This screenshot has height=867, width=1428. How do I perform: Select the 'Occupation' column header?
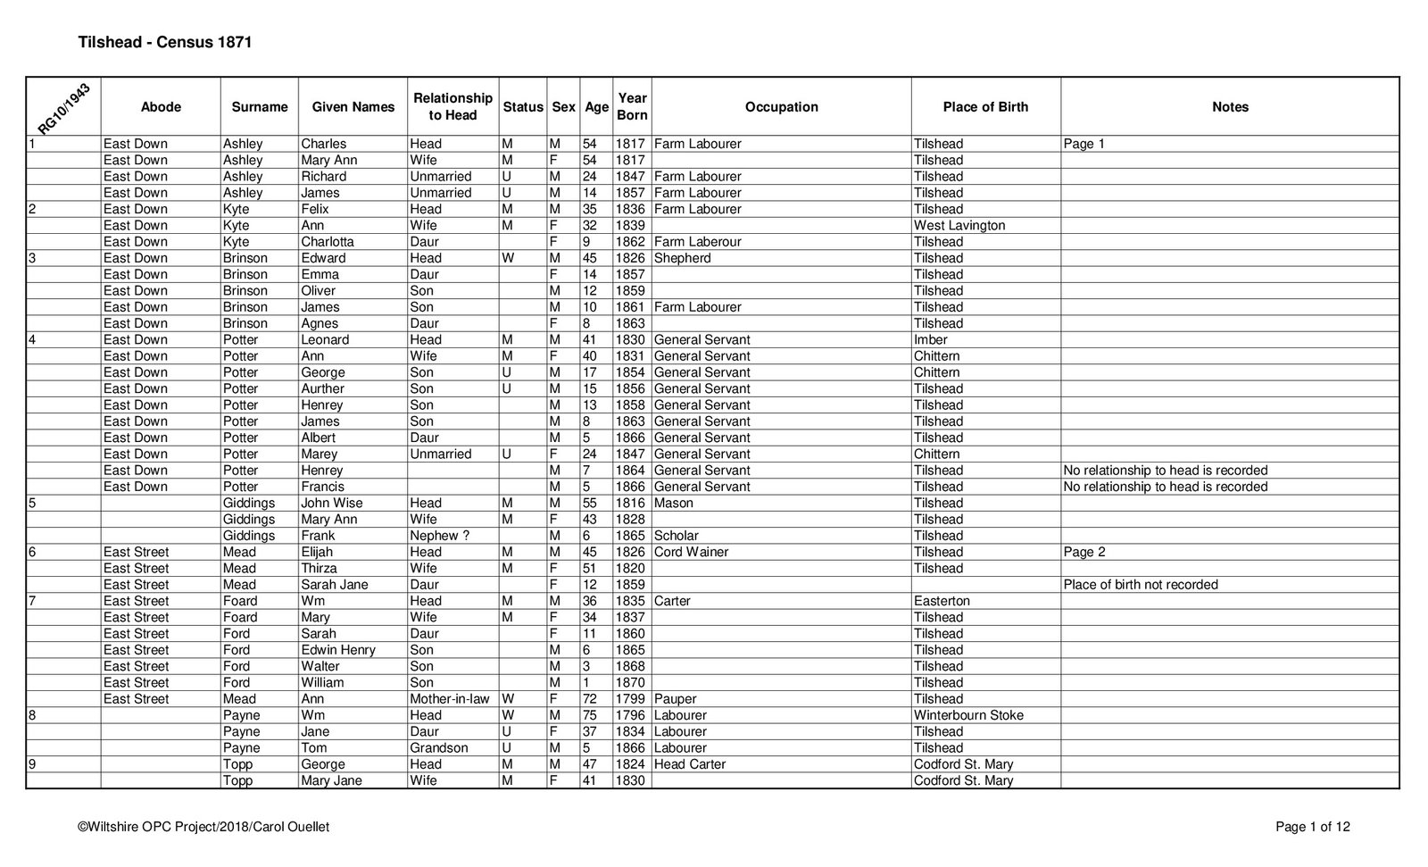tap(781, 107)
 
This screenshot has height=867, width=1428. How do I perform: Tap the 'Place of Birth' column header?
tap(985, 107)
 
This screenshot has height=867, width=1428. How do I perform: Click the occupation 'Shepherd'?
tap(683, 258)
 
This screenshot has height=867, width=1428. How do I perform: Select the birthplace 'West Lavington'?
tap(959, 226)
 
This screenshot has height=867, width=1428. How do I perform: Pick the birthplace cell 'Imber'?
tap(931, 340)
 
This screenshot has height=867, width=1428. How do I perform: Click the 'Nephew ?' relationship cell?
tap(439, 536)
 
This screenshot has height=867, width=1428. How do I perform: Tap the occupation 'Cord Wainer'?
tap(692, 552)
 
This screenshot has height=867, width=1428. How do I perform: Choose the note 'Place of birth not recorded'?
tap(1141, 585)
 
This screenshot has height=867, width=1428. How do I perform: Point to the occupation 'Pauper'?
tap(675, 699)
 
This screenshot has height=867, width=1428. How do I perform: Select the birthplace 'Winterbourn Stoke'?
tap(968, 715)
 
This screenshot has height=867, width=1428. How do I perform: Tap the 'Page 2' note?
tap(1084, 552)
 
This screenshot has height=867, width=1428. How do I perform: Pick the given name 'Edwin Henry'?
tap(338, 650)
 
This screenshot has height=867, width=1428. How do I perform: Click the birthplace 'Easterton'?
tap(942, 601)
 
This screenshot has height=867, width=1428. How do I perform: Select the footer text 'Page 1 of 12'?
tap(1313, 827)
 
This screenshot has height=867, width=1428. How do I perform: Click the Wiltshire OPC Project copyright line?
tap(203, 827)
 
